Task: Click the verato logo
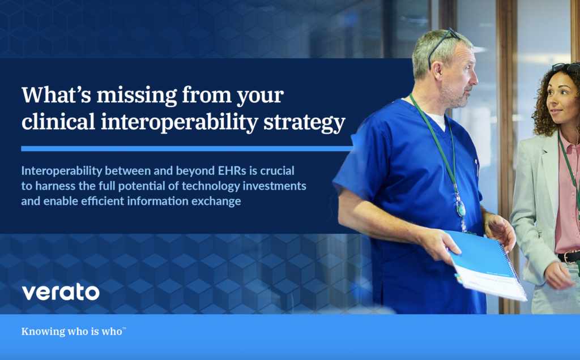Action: coord(60,292)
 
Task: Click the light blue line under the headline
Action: coord(187,148)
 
